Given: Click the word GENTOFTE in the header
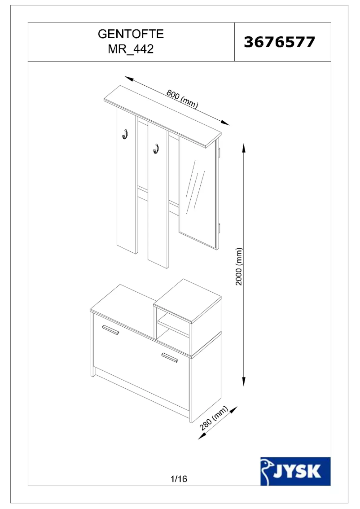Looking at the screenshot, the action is coord(131,34).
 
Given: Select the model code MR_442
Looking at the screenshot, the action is coord(131,49).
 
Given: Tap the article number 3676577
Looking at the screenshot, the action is coord(279,42).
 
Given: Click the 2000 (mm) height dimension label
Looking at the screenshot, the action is coord(239,266).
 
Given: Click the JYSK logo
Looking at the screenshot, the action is coord(295,471).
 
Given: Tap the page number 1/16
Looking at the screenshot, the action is coord(179,479).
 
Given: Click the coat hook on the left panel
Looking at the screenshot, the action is coord(125,133).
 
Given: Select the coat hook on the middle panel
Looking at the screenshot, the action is coord(156,148).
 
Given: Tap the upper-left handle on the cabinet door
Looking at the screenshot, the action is coord(110,330).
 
